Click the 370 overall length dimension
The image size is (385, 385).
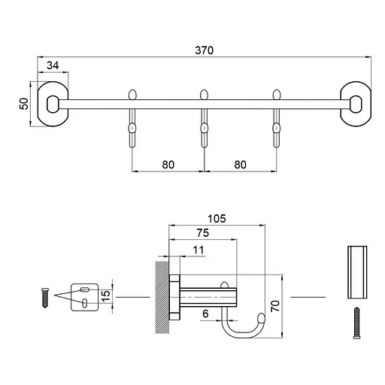205,50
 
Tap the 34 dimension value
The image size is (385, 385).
53,65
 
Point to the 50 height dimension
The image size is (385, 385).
24,104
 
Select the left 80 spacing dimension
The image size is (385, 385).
168,165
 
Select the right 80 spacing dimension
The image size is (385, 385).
241,165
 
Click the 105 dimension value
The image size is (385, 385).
217,219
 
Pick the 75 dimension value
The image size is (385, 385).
203,233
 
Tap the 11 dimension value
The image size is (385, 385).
199,250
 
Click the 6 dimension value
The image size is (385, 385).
205,314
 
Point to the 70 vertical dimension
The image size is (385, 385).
275,306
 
